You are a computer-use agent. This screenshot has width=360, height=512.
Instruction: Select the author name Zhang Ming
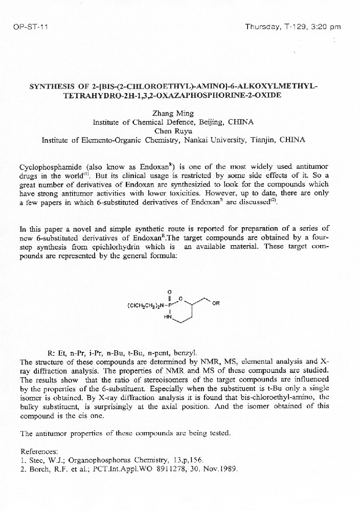[x=178, y=114]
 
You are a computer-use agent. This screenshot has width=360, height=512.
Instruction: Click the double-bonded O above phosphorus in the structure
[x=169, y=292]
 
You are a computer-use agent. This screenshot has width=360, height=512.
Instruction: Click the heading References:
[x=39, y=451]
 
